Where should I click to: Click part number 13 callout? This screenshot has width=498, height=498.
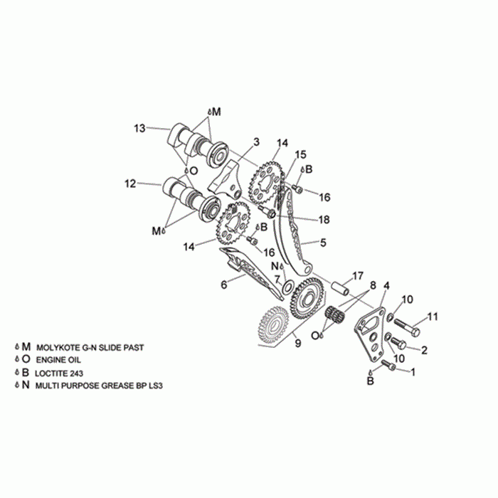pyautogui.click(x=139, y=128)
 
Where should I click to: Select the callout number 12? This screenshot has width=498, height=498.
pyautogui.click(x=130, y=184)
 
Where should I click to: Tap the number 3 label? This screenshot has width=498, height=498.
pyautogui.click(x=256, y=142)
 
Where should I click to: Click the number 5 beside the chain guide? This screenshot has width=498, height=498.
pyautogui.click(x=323, y=243)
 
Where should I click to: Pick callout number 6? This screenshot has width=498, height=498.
pyautogui.click(x=223, y=285)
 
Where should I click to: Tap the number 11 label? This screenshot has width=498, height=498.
pyautogui.click(x=433, y=317)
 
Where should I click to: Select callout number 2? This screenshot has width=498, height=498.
pyautogui.click(x=424, y=349)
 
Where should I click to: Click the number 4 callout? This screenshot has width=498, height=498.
pyautogui.click(x=386, y=285)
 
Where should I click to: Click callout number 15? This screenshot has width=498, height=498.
pyautogui.click(x=300, y=154)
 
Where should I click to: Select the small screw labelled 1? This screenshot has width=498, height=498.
pyautogui.click(x=388, y=365)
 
